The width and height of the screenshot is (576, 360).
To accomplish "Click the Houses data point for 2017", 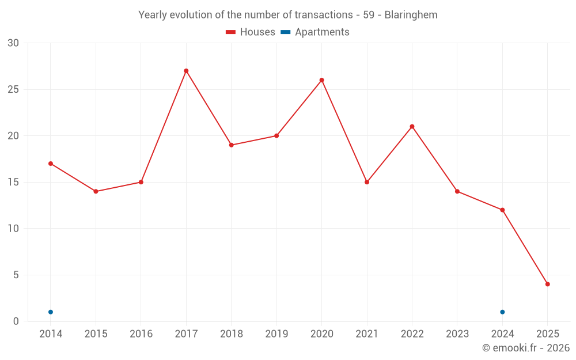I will [x=186, y=71].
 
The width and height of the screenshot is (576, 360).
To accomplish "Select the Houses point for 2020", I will [x=321, y=80].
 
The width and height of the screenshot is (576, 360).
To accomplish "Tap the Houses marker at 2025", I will [x=547, y=284].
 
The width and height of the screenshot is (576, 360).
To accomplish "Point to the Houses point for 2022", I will [x=412, y=127].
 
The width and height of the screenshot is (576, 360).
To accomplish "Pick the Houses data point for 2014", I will [x=51, y=164].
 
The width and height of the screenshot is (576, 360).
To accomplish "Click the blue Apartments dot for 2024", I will [x=502, y=312].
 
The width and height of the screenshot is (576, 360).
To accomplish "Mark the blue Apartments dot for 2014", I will [x=51, y=312].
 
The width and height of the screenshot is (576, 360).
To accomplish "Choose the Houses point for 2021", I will [x=367, y=182].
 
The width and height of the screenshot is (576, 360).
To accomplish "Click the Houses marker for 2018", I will [x=231, y=145].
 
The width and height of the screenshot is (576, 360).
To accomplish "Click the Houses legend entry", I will [x=251, y=32].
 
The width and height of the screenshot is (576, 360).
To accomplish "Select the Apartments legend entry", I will [x=315, y=32].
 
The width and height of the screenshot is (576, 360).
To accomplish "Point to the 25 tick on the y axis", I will [x=13, y=89].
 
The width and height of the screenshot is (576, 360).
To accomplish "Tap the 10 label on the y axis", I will [x=13, y=229].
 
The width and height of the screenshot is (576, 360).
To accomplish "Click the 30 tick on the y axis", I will [x=13, y=43].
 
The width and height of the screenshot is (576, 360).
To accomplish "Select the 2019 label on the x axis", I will [x=276, y=334].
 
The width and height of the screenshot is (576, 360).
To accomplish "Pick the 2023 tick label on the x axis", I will [x=457, y=334].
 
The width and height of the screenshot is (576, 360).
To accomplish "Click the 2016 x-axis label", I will [x=141, y=334].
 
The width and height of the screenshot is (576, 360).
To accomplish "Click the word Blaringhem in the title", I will [x=411, y=15].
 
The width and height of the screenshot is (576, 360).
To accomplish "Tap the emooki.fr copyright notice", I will [x=525, y=348].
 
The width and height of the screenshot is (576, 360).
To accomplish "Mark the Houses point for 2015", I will [x=96, y=191].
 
